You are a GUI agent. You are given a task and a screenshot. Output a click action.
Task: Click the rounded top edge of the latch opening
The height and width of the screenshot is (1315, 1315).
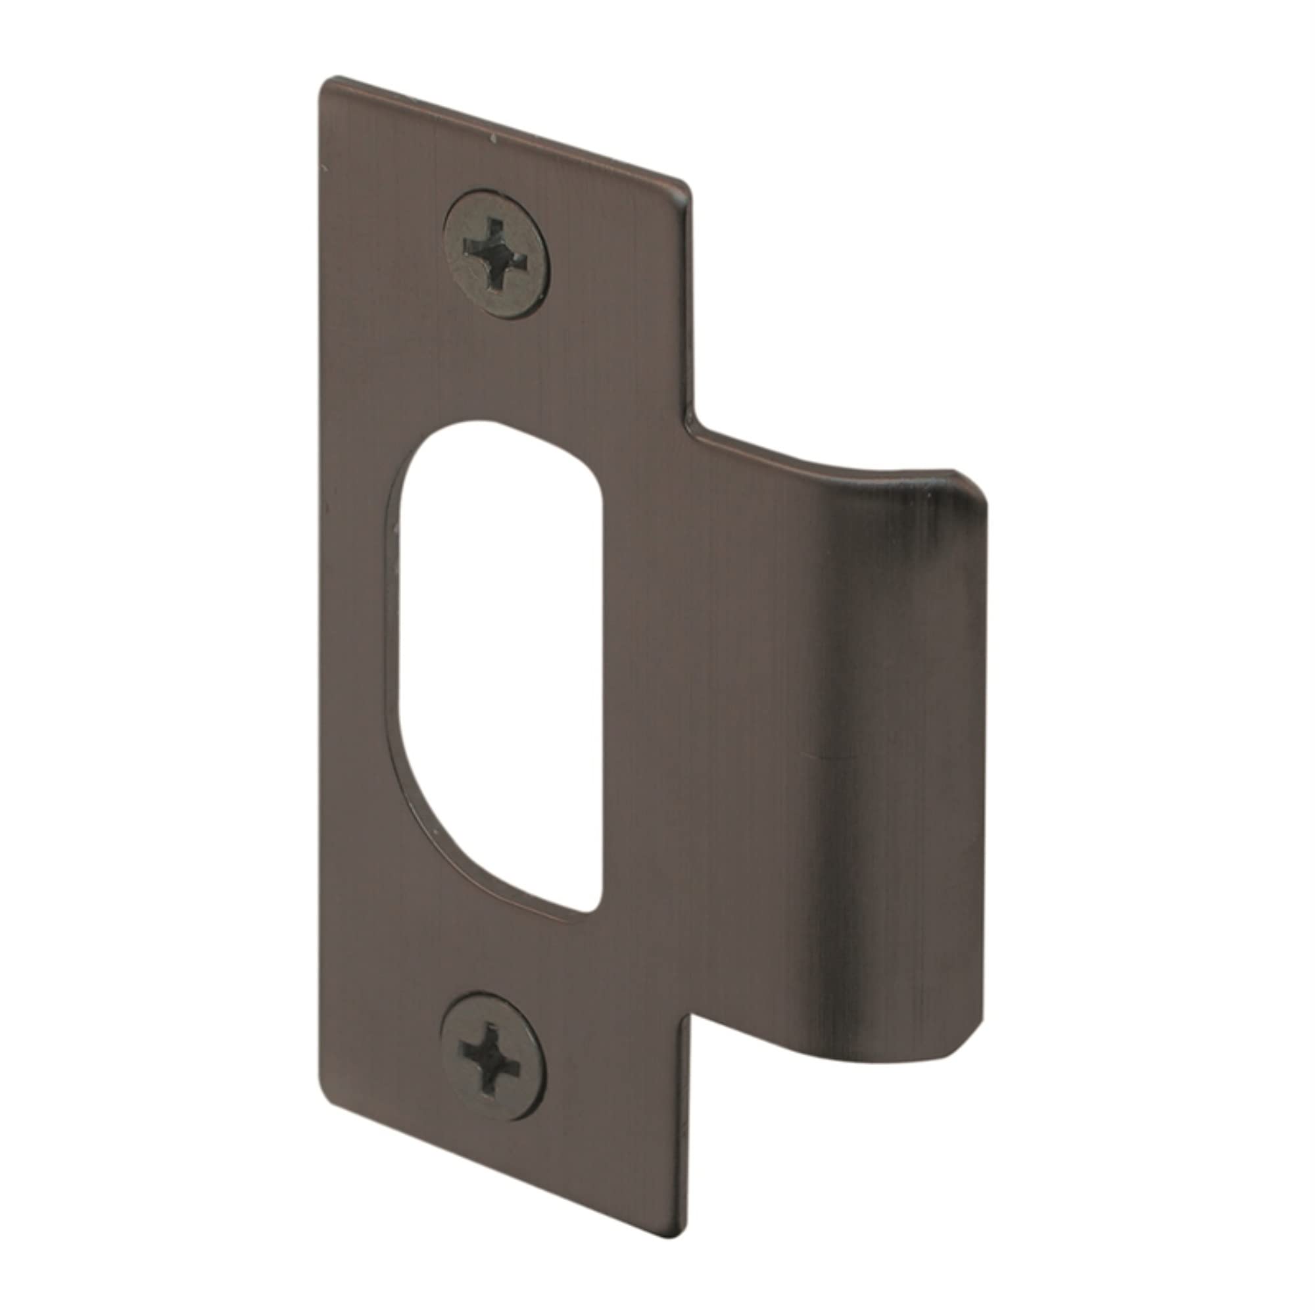click(504, 423)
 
